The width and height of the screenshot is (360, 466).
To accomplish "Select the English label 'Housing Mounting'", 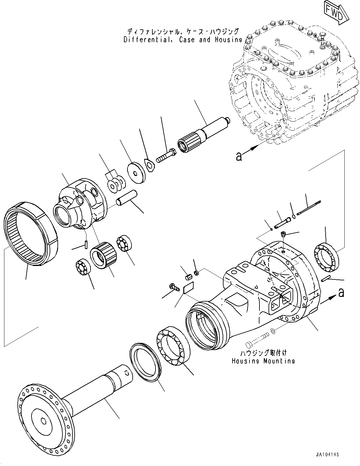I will pyautogui.click(x=263, y=361).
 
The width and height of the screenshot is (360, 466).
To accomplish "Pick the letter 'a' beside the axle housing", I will pyautogui.click(x=341, y=293).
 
